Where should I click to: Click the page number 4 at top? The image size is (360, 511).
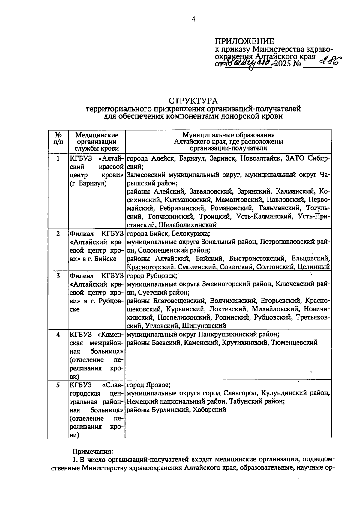(193, 19)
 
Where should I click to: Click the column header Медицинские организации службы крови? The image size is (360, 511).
(97, 142)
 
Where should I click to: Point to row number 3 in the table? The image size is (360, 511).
(58, 275)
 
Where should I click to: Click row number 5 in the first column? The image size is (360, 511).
(58, 385)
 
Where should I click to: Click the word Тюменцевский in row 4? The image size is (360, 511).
(294, 343)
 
